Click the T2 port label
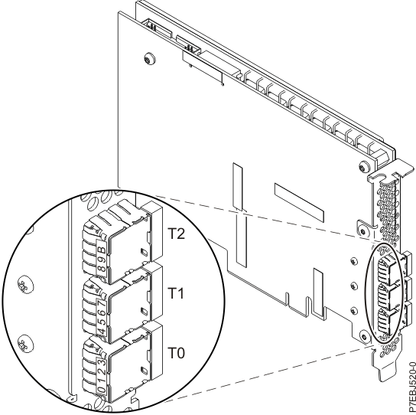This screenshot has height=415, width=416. [x=177, y=234]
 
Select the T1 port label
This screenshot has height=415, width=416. [x=176, y=293]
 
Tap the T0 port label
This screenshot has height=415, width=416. [x=177, y=353]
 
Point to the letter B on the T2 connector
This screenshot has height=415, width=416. [x=102, y=250]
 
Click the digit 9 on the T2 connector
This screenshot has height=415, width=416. [x=102, y=260]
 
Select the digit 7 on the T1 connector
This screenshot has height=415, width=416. [x=102, y=304]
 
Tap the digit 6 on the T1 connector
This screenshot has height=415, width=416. [x=102, y=313]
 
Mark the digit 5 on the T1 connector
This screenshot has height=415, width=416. [x=102, y=322]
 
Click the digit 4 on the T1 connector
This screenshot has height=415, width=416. [x=102, y=331]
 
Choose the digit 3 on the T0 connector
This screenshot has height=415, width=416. [x=102, y=363]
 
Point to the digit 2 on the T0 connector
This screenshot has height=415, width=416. [x=102, y=372]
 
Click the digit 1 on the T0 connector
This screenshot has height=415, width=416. [x=102, y=381]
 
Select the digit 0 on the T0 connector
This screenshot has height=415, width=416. [x=102, y=390]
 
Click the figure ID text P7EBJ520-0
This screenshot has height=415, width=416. [x=412, y=388]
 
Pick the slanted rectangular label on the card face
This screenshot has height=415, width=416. [x=299, y=203]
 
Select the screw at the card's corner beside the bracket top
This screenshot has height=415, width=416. [x=362, y=168]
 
